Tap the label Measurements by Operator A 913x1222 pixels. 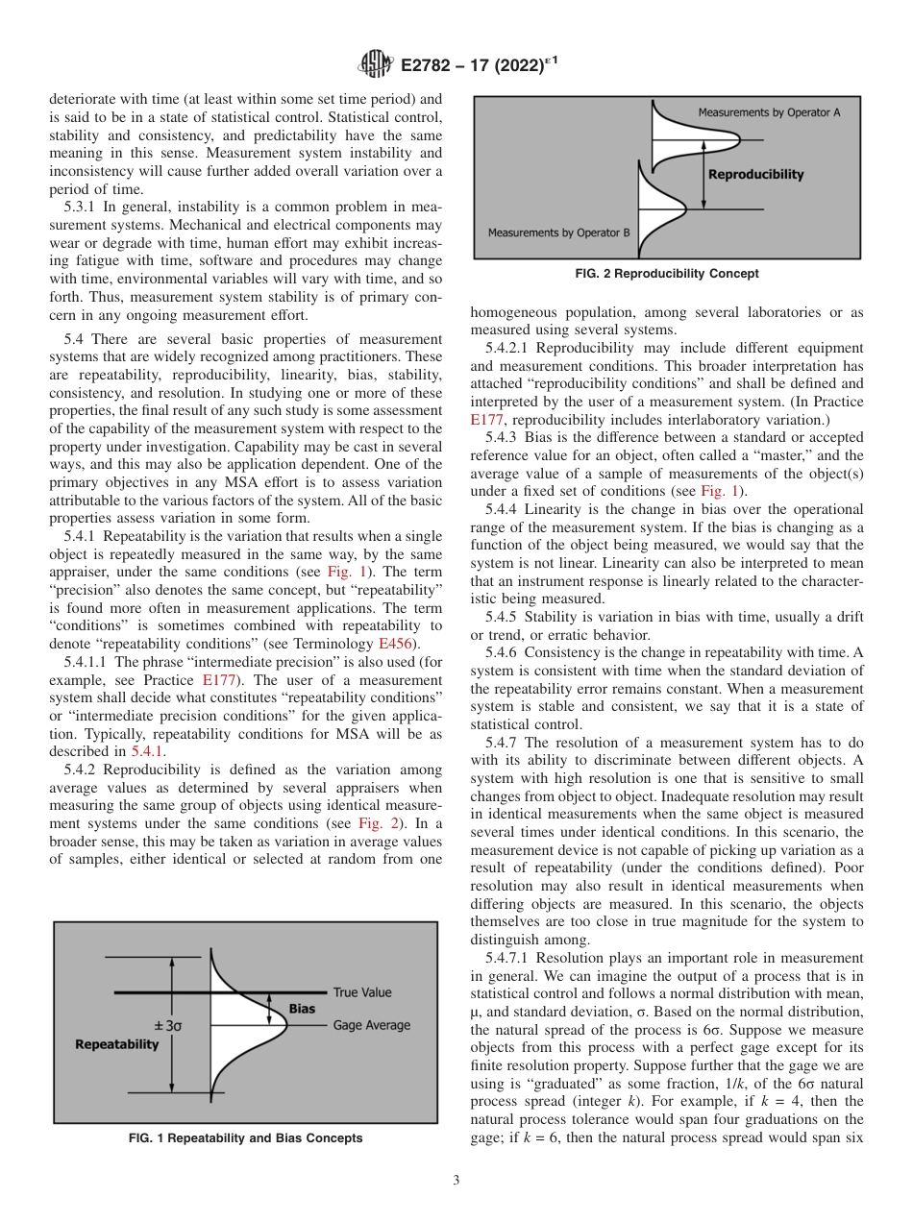point(769,112)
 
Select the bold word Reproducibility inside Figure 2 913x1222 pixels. point(755,175)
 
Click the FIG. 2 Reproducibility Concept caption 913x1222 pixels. point(667,274)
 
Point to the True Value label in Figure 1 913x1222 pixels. point(362,992)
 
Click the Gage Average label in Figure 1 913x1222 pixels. point(371,1025)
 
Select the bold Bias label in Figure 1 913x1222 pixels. point(302,1009)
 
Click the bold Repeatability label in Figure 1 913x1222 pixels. point(116,1044)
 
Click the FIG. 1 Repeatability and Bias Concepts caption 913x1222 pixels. point(245,1138)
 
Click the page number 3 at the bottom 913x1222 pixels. point(456,1181)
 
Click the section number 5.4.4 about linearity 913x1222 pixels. point(504,508)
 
